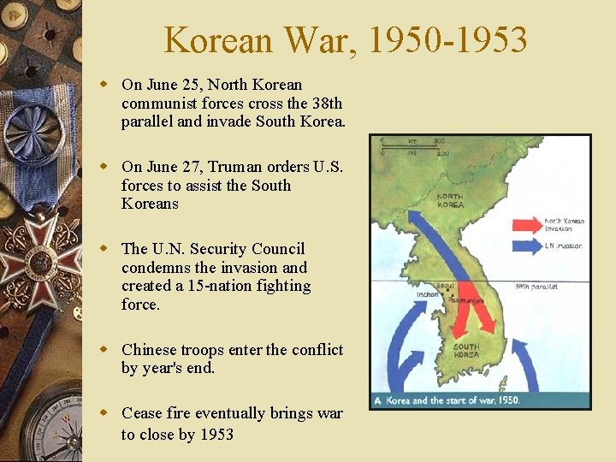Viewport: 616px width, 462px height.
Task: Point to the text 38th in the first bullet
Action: [326, 104]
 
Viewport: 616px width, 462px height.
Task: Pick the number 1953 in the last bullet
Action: [216, 435]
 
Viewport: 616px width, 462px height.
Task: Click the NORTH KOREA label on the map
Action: [450, 201]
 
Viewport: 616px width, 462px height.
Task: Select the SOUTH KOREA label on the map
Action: [466, 351]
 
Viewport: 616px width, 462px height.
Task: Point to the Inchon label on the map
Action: [428, 295]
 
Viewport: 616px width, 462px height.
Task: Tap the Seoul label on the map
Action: [445, 286]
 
